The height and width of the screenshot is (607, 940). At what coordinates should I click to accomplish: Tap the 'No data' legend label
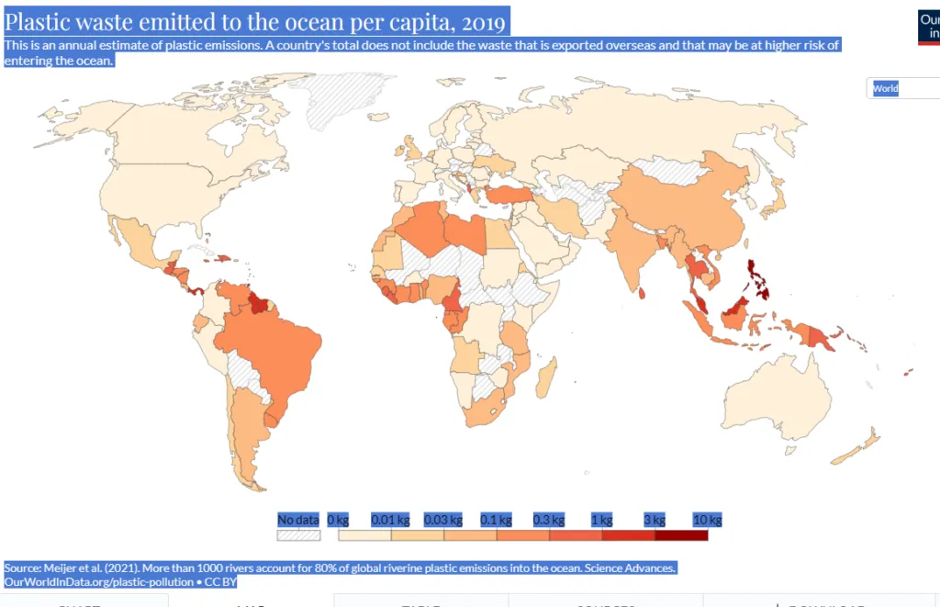(298, 520)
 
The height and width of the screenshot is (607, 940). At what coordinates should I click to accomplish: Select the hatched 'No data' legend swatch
(298, 534)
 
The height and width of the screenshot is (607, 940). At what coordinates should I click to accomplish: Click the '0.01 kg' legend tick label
(390, 520)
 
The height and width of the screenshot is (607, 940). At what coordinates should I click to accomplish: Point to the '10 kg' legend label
(707, 520)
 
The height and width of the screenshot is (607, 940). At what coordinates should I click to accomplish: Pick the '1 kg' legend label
(603, 520)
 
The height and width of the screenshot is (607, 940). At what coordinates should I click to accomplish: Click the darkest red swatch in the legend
(680, 534)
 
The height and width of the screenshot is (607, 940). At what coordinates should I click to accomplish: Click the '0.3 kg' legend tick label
(549, 520)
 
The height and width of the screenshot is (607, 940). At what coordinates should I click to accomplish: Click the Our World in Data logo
(928, 27)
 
